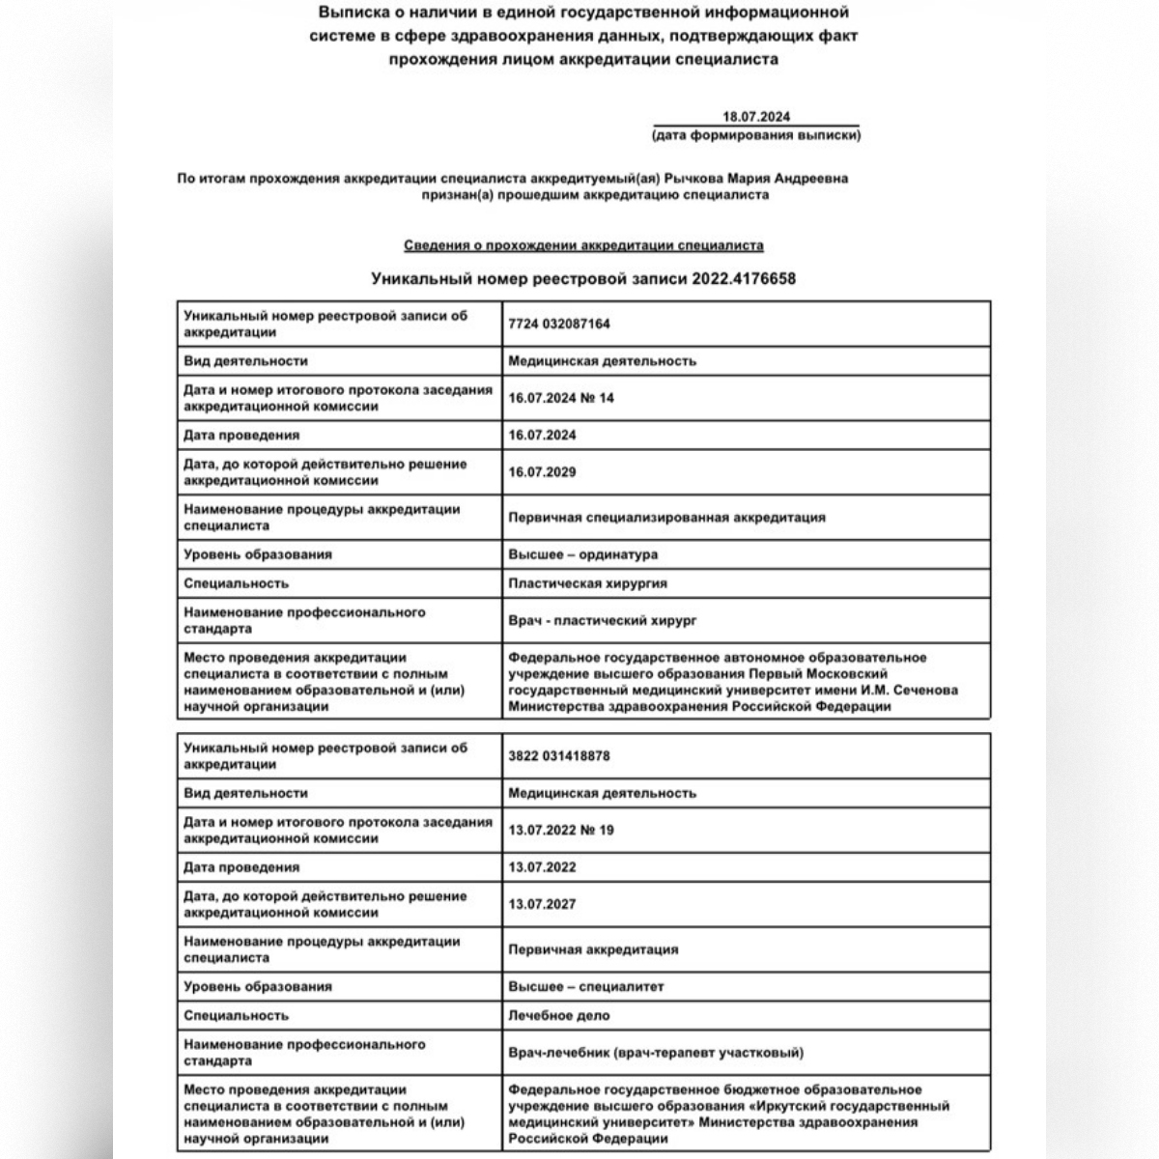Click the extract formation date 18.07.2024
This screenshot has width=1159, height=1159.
point(756,117)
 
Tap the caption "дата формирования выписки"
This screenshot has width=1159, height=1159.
point(756,135)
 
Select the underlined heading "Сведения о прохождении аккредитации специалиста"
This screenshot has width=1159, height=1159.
point(583,246)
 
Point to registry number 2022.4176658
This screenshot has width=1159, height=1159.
point(744,279)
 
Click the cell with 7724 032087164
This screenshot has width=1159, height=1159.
point(559,325)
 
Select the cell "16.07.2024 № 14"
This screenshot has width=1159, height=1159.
point(561,398)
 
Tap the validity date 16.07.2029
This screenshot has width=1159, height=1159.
point(542,472)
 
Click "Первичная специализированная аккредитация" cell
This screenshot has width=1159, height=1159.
point(666,518)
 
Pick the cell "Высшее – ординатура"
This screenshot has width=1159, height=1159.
point(582,555)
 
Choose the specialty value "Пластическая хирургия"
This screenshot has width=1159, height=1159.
point(587,583)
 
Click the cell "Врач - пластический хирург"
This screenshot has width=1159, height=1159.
point(602,620)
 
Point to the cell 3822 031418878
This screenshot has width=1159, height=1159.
point(559,756)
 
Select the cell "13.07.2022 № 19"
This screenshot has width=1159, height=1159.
point(561,830)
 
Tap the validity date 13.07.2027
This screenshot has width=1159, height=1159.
point(542,904)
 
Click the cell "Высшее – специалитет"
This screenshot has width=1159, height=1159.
point(585,987)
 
